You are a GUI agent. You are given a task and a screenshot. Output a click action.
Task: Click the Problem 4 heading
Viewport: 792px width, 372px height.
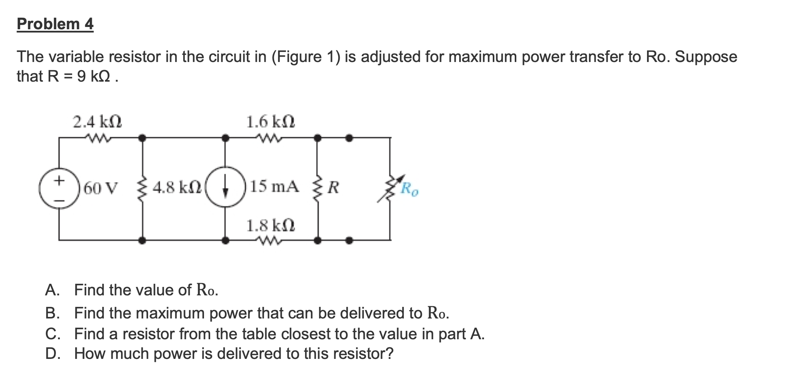point(55,24)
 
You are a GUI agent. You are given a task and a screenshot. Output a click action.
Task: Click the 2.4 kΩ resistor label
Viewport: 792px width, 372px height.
point(97,122)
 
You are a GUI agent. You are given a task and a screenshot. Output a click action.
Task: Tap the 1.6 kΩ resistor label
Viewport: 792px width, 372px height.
point(270,122)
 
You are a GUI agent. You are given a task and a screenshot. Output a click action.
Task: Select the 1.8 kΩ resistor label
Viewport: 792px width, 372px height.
point(270,225)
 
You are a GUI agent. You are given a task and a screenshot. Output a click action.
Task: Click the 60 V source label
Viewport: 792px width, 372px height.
point(100,188)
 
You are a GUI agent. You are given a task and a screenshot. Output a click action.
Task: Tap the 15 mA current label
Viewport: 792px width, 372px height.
point(274,187)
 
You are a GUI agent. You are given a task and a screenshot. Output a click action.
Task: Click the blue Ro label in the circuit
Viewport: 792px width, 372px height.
point(409,189)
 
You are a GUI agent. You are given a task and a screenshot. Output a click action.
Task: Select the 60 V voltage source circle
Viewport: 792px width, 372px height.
point(59,188)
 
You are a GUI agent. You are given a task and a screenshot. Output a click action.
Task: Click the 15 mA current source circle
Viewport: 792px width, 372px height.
point(226,188)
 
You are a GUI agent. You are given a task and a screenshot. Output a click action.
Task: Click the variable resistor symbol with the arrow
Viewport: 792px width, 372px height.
point(390,188)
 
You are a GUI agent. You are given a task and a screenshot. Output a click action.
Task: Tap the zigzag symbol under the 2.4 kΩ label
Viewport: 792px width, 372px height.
point(97,137)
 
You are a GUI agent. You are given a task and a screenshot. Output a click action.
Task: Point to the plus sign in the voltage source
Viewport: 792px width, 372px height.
point(59,180)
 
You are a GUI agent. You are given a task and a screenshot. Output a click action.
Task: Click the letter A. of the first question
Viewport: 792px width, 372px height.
point(52,290)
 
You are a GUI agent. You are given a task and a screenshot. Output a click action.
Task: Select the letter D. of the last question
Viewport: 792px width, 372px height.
point(52,354)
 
